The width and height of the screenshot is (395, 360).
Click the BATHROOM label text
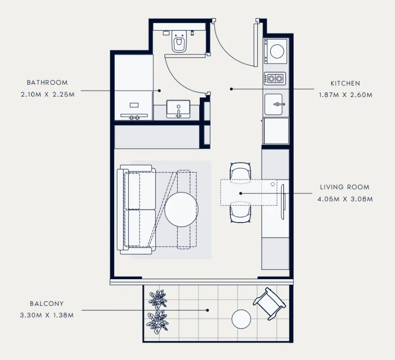tap(47, 83)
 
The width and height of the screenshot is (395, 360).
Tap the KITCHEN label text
tap(345, 84)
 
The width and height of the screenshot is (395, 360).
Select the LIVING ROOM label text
tap(344, 187)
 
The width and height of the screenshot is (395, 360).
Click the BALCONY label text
tap(46, 304)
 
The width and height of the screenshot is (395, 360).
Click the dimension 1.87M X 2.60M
tap(345, 95)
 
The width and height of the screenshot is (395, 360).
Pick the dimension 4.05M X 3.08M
tap(344, 199)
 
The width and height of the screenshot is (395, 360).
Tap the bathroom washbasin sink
tap(179, 109)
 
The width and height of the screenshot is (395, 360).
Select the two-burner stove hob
tap(275, 78)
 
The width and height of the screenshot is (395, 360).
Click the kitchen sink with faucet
tap(275, 104)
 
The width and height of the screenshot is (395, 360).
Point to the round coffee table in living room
tap(182, 209)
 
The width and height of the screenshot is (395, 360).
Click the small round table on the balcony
tap(242, 319)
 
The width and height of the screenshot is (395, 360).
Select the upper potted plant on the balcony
tap(158, 298)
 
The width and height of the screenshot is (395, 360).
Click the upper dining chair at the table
tap(241, 171)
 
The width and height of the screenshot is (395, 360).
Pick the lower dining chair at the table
tap(241, 213)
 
